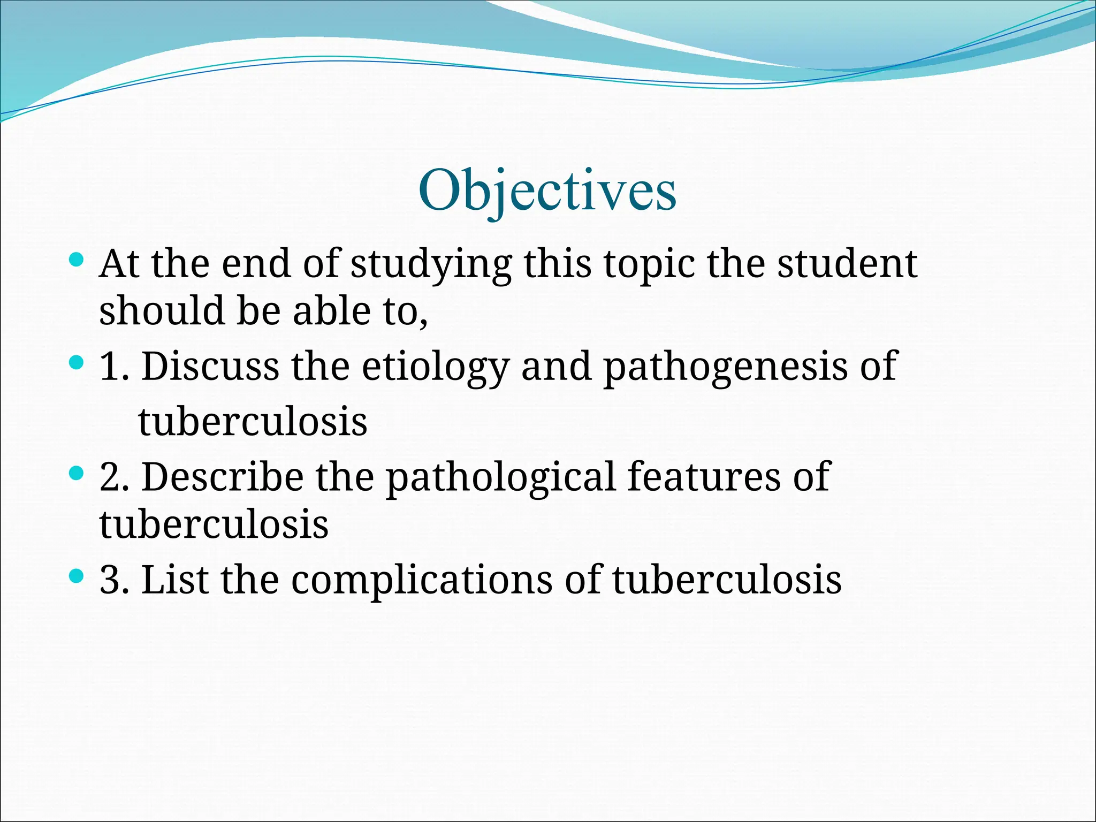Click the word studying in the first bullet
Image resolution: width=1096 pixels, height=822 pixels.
(431, 264)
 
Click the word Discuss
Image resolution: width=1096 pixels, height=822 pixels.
(210, 367)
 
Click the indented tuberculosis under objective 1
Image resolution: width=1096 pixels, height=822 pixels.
(253, 422)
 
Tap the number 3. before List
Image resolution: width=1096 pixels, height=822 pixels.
(114, 580)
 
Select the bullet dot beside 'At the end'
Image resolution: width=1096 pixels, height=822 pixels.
(77, 261)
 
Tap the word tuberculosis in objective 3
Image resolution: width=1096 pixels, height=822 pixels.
(727, 580)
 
